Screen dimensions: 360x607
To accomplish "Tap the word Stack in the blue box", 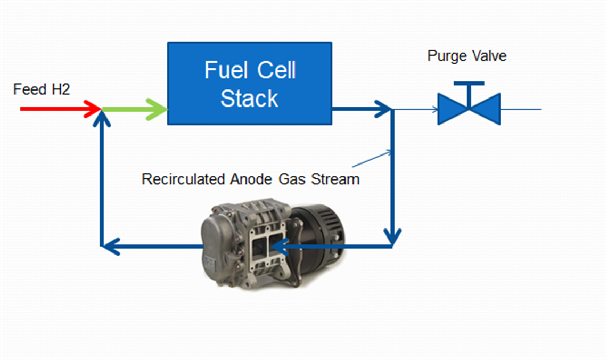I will (x=249, y=99).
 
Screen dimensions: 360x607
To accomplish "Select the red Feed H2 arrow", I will (x=59, y=109).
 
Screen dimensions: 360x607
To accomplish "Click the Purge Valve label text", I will (x=466, y=56).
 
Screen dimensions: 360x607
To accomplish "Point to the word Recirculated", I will (x=183, y=179).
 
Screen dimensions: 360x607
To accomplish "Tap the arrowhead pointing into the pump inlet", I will (x=280, y=246).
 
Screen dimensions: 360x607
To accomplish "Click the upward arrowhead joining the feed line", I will (x=101, y=120).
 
